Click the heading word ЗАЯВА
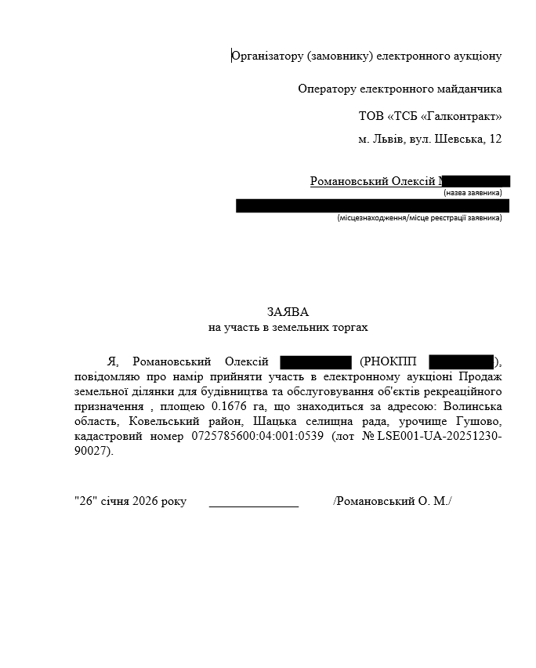(283, 311)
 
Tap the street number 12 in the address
(494, 139)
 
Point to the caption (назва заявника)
(473, 192)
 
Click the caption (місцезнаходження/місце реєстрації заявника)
(419, 217)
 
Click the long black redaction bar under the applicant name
(372, 205)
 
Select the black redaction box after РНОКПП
(461, 361)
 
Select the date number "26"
(84, 501)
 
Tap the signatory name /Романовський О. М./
(393, 501)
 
